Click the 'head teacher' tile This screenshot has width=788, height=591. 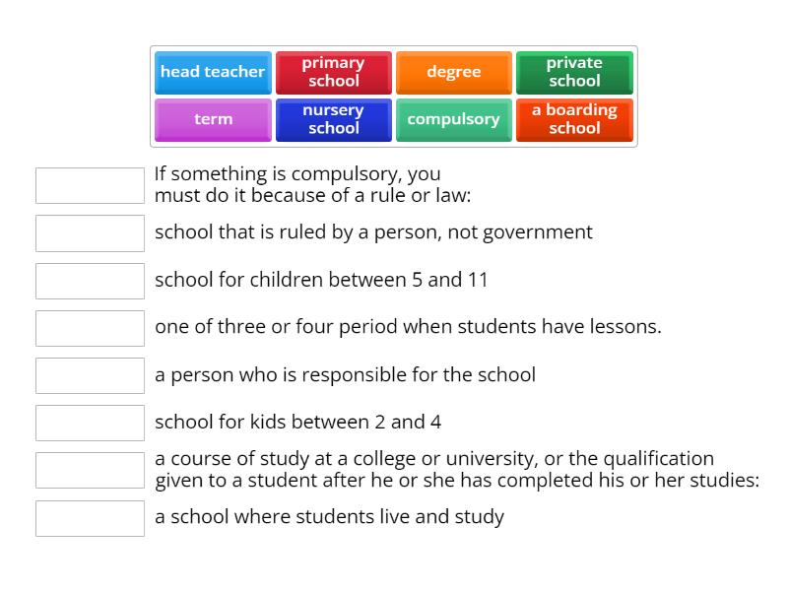213,72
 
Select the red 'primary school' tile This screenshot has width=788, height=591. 333,72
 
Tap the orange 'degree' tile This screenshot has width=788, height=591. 453,72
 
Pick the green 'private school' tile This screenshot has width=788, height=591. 574,72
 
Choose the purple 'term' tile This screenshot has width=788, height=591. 213,119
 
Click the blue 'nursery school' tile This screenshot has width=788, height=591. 333,119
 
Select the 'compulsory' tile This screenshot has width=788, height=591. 453,119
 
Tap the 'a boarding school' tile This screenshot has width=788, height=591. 574,119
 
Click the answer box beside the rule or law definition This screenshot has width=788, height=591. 90,185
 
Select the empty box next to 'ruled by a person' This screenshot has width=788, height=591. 90,233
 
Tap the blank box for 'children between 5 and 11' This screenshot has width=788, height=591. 90,281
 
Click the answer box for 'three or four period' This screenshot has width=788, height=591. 90,328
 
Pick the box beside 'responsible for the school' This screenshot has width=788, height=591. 90,375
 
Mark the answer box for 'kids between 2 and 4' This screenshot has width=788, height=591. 90,423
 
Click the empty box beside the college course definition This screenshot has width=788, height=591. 90,470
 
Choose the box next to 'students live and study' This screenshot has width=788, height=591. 90,518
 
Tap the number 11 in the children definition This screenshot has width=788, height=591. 478,280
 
